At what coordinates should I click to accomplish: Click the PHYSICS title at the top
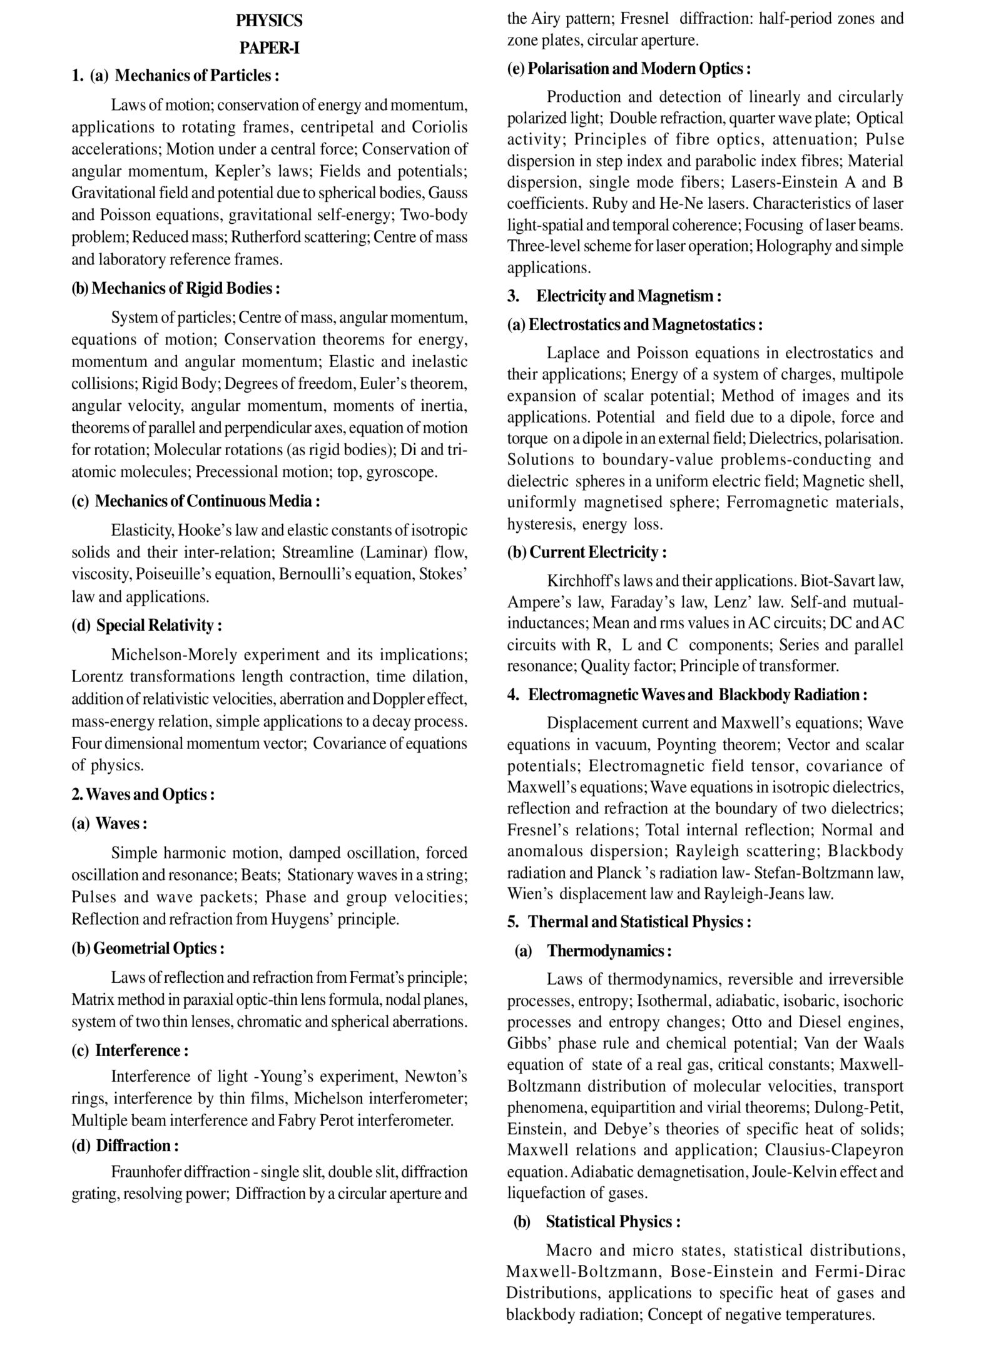(269, 21)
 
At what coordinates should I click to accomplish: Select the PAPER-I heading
(269, 48)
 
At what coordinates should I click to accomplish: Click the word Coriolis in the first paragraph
(440, 127)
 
